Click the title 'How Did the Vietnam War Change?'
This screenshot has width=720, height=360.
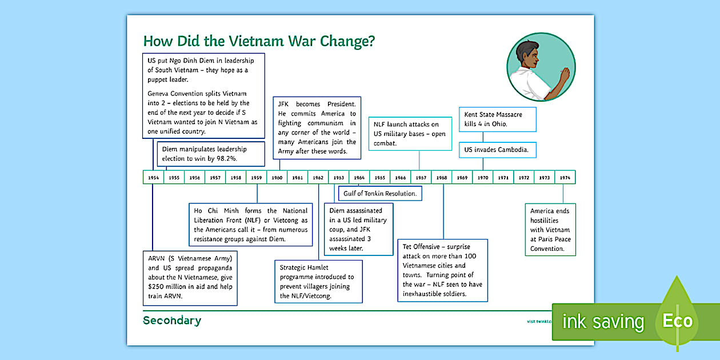click(258, 41)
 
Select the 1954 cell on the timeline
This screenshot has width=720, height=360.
click(153, 177)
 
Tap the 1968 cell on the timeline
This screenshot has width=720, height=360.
click(442, 177)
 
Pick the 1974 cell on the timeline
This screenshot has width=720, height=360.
click(565, 177)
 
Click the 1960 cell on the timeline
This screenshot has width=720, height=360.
click(277, 177)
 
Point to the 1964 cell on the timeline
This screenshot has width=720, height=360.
click(359, 177)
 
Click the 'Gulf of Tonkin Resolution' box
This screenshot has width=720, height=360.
click(380, 194)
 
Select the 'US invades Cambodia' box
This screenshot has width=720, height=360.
click(498, 150)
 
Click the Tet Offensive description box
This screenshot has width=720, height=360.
click(442, 270)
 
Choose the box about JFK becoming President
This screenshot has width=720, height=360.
click(317, 128)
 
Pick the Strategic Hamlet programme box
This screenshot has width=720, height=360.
click(318, 281)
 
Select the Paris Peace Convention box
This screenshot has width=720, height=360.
click(550, 230)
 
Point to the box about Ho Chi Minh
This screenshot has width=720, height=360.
click(251, 225)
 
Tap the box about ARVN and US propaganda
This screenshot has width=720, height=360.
click(190, 277)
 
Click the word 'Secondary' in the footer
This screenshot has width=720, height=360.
click(172, 321)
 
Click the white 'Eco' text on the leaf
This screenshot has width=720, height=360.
click(677, 321)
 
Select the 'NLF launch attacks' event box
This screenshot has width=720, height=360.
click(407, 133)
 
